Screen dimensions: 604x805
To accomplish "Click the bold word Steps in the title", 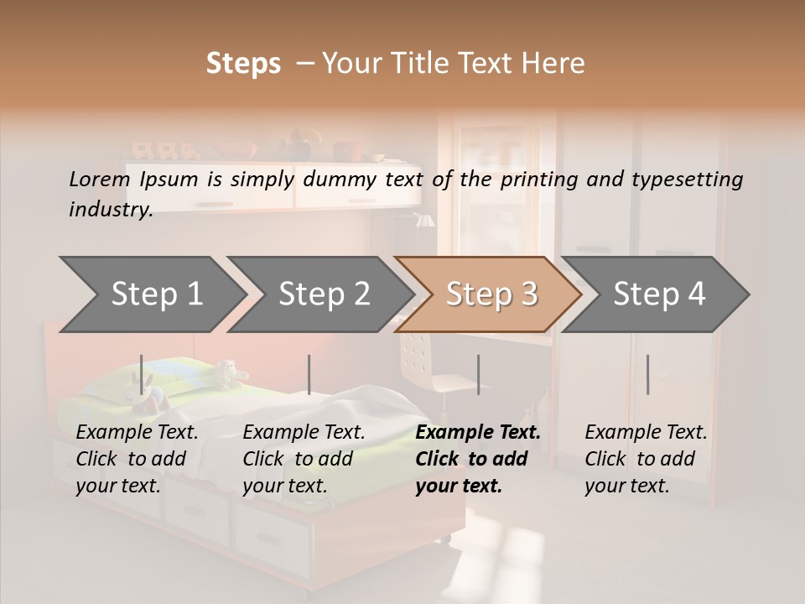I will [243, 64].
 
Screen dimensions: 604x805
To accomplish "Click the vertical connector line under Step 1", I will [141, 374].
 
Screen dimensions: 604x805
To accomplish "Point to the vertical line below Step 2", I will [309, 374].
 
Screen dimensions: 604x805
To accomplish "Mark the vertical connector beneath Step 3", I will [478, 374].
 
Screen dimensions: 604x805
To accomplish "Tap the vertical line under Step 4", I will [647, 374].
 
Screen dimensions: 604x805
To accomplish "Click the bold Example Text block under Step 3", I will [477, 459].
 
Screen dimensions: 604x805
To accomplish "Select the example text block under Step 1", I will [137, 459].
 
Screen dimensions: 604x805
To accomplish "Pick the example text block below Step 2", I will [304, 459].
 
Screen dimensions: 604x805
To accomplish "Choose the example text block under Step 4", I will [646, 459].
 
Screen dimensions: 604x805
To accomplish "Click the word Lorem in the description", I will [99, 180].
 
